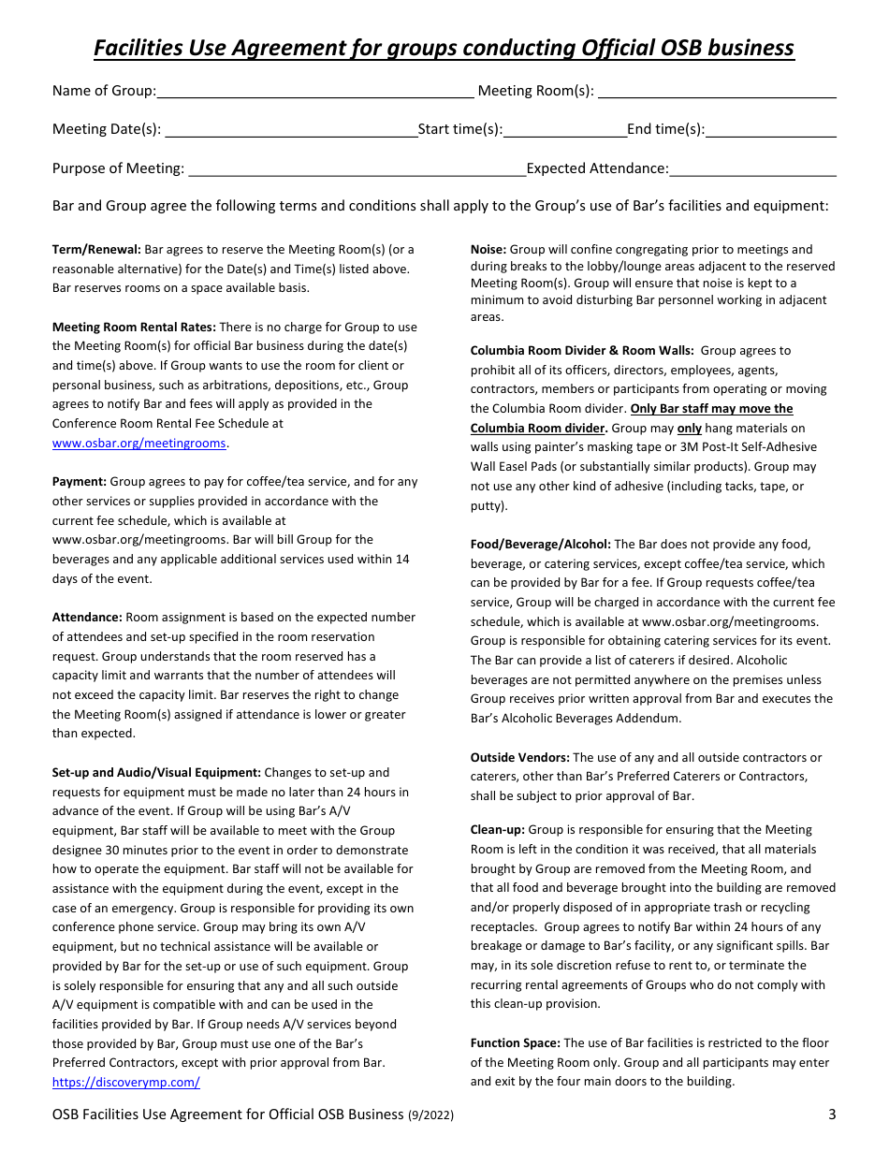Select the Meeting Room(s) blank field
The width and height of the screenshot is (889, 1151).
pyautogui.click(x=717, y=92)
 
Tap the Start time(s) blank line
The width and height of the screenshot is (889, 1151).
pyautogui.click(x=565, y=131)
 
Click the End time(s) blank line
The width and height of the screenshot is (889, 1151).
pyautogui.click(x=771, y=131)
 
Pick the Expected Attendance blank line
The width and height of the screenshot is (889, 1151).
pyautogui.click(x=753, y=169)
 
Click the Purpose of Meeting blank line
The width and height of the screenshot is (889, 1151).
pyautogui.click(x=356, y=169)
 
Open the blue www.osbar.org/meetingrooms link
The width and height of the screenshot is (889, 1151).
pyautogui.click(x=139, y=444)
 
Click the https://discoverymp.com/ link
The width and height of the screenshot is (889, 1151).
pyautogui.click(x=125, y=1083)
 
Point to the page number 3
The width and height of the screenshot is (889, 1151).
pyautogui.click(x=832, y=1115)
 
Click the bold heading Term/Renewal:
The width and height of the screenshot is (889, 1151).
pyautogui.click(x=96, y=250)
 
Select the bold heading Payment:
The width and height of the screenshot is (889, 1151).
pyautogui.click(x=80, y=482)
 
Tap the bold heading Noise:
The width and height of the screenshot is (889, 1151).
pyautogui.click(x=488, y=250)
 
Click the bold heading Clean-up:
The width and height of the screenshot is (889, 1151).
pyautogui.click(x=498, y=830)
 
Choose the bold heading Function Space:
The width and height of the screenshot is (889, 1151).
pyautogui.click(x=515, y=1043)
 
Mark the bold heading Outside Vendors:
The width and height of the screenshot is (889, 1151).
pyautogui.click(x=519, y=758)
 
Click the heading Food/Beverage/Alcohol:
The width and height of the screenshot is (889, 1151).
pyautogui.click(x=540, y=545)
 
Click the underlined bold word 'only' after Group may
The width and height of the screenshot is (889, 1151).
pyautogui.click(x=690, y=429)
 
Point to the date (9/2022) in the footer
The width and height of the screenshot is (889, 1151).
pyautogui.click(x=430, y=1115)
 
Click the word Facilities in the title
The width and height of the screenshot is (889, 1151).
pyautogui.click(x=143, y=48)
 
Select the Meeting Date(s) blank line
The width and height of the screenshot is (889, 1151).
pyautogui.click(x=291, y=131)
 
